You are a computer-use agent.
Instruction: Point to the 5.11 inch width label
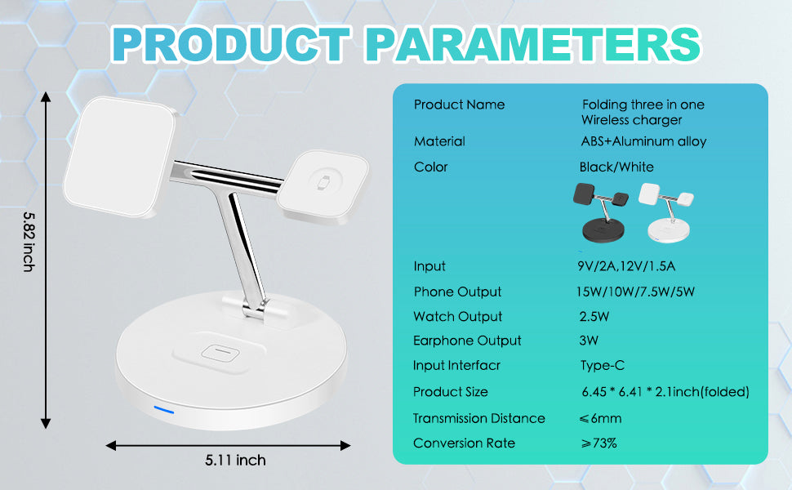point(235,461)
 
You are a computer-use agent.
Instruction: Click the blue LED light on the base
point(163,408)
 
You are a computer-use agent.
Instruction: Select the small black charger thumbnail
point(603,212)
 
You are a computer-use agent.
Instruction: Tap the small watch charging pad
point(322,185)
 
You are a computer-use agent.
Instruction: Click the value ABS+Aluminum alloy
point(643,141)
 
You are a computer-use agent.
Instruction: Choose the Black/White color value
point(616,167)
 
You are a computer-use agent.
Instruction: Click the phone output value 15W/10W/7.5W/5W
point(636,292)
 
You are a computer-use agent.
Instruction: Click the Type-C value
point(602,366)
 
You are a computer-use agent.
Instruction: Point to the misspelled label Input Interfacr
point(456,366)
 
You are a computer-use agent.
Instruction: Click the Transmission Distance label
point(478,418)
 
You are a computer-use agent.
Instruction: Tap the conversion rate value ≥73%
point(598,443)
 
